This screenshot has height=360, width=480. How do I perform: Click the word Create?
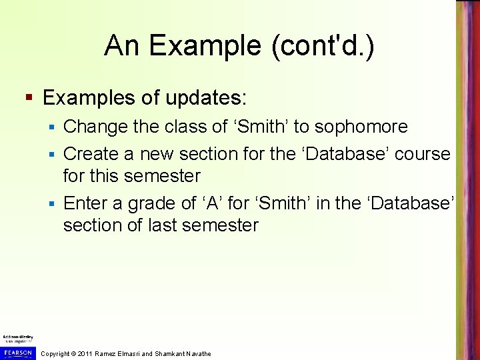coord(91,153)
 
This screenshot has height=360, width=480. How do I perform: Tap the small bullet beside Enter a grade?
coord(55,203)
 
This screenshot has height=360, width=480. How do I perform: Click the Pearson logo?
coord(17,352)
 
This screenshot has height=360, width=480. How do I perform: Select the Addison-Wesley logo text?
coord(17,338)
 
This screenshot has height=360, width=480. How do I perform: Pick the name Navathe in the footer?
coord(196,353)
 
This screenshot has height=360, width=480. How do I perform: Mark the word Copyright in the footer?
coord(55,353)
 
